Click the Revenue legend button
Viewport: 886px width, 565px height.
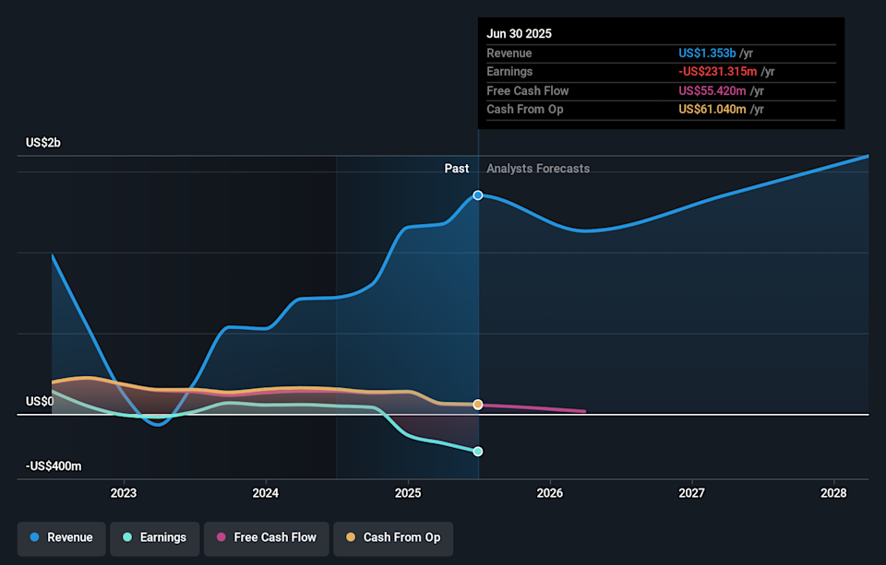[x=61, y=537]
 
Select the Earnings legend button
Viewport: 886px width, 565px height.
[x=152, y=537]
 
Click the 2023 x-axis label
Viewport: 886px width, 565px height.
[x=123, y=493]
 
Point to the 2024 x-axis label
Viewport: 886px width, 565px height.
[x=266, y=493]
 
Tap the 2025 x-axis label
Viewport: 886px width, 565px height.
[x=408, y=493]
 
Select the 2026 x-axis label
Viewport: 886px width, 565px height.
[x=550, y=493]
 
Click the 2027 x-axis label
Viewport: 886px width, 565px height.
[x=692, y=493]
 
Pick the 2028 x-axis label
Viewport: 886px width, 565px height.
[x=834, y=493]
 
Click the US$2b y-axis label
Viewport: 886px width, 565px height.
[x=43, y=143]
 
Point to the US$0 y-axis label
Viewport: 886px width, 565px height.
[x=39, y=402]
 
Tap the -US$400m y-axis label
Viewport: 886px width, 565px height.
[x=54, y=466]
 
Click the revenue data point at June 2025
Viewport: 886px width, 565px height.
[x=478, y=195]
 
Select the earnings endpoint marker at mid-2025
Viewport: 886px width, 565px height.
[x=478, y=452]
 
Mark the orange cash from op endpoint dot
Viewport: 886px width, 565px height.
[x=478, y=405]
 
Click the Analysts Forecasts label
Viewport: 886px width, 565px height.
[x=538, y=169]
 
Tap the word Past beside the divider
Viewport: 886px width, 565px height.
[x=456, y=169]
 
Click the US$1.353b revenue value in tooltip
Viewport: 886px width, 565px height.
[x=707, y=53]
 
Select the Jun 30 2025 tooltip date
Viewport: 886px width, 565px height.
[x=520, y=33]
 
